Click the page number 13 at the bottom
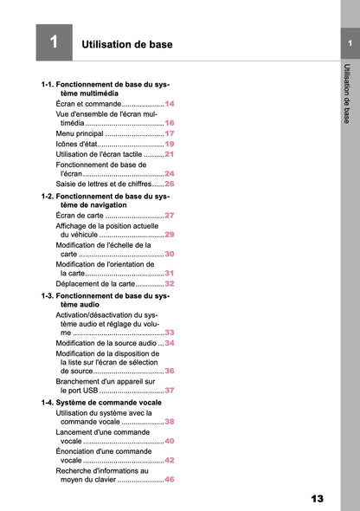pos(316,498)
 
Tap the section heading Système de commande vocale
pos(114,403)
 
